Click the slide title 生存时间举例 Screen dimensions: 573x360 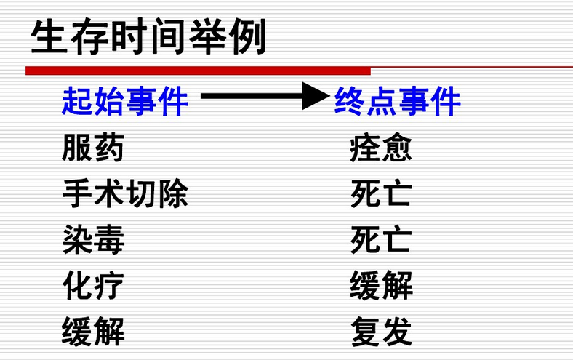click(x=148, y=37)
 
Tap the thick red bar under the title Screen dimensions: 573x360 click(x=198, y=71)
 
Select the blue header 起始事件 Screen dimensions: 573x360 click(x=125, y=101)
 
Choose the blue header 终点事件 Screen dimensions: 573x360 click(x=397, y=101)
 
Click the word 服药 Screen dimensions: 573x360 click(x=93, y=148)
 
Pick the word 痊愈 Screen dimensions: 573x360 click(x=381, y=148)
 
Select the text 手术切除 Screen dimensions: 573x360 click(x=125, y=194)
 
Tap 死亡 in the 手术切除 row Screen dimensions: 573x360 click(x=381, y=194)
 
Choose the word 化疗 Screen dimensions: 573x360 click(x=93, y=286)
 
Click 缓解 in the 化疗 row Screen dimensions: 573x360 click(x=381, y=286)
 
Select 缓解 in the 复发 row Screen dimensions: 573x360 click(x=93, y=332)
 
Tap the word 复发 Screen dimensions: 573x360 click(x=381, y=332)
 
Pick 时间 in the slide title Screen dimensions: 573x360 click(x=148, y=37)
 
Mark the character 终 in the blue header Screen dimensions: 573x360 click(x=349, y=101)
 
